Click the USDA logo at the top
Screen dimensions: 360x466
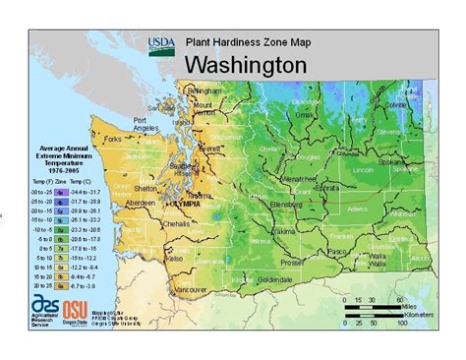click(161, 45)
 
